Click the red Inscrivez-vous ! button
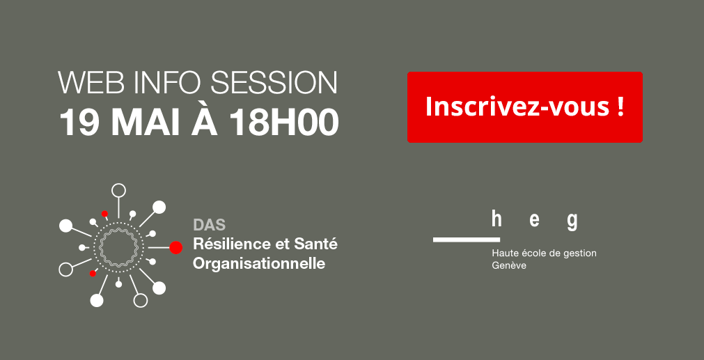click(525, 107)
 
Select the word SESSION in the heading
click(274, 82)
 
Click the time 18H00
click(284, 122)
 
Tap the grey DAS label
click(209, 224)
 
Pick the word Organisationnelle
click(259, 264)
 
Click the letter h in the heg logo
click(496, 221)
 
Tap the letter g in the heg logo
click(572, 221)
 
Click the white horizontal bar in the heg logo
click(467, 240)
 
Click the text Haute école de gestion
click(544, 253)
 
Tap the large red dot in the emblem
click(175, 248)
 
